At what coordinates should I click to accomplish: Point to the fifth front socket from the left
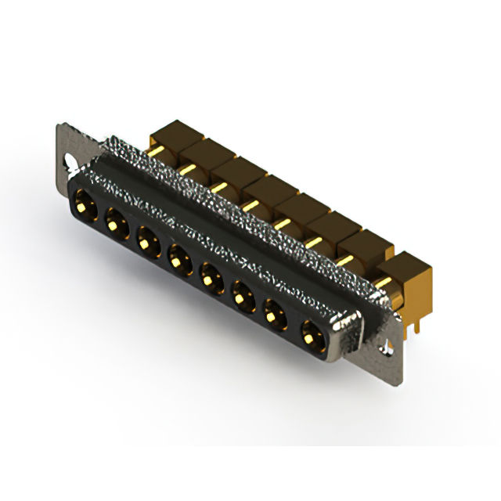point(210,275)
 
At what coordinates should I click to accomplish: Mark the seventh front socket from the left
point(274,314)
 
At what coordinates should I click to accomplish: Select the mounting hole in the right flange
point(385,347)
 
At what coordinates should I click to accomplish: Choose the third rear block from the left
point(232,169)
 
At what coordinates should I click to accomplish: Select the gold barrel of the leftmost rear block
point(157,150)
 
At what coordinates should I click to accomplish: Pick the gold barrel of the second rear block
point(188,168)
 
